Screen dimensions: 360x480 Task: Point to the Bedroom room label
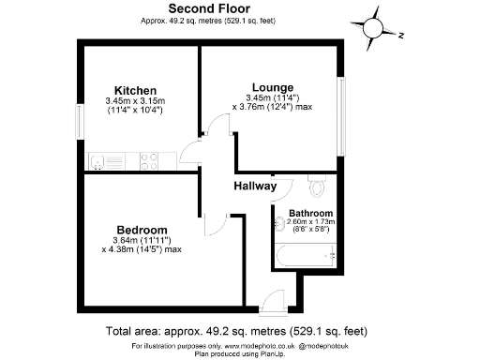142,230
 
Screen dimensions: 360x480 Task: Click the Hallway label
255,187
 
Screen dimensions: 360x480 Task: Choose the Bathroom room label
310,213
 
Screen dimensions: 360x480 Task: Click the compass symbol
376,26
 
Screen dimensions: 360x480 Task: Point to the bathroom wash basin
282,224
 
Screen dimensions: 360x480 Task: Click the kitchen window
81,122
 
